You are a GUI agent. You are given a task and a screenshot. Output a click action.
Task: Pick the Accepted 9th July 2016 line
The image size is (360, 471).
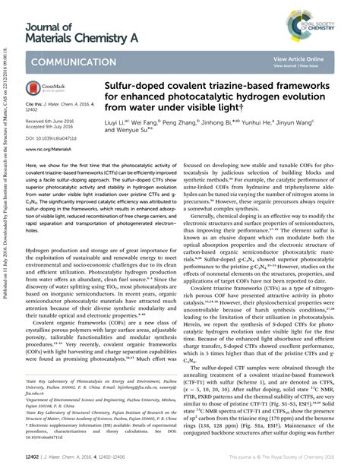coord(52,128)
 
